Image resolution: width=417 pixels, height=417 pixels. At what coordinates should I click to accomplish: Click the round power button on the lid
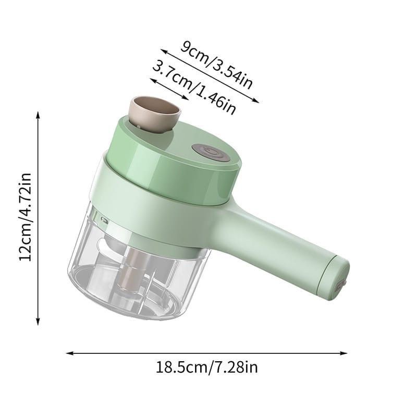click(x=211, y=152)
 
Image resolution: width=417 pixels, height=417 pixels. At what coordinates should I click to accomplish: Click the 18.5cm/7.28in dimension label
click(x=206, y=367)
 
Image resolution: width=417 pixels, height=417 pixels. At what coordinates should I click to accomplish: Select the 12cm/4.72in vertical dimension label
click(x=25, y=217)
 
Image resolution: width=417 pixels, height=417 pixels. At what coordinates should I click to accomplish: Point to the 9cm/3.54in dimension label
click(x=216, y=65)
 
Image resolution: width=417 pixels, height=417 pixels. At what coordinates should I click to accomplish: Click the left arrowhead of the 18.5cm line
click(x=70, y=353)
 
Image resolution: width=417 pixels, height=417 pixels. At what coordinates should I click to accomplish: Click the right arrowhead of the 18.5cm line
click(x=344, y=353)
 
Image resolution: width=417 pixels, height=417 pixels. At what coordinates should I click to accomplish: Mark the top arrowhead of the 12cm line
click(x=38, y=115)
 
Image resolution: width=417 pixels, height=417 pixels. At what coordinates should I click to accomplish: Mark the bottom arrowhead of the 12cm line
click(x=38, y=321)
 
